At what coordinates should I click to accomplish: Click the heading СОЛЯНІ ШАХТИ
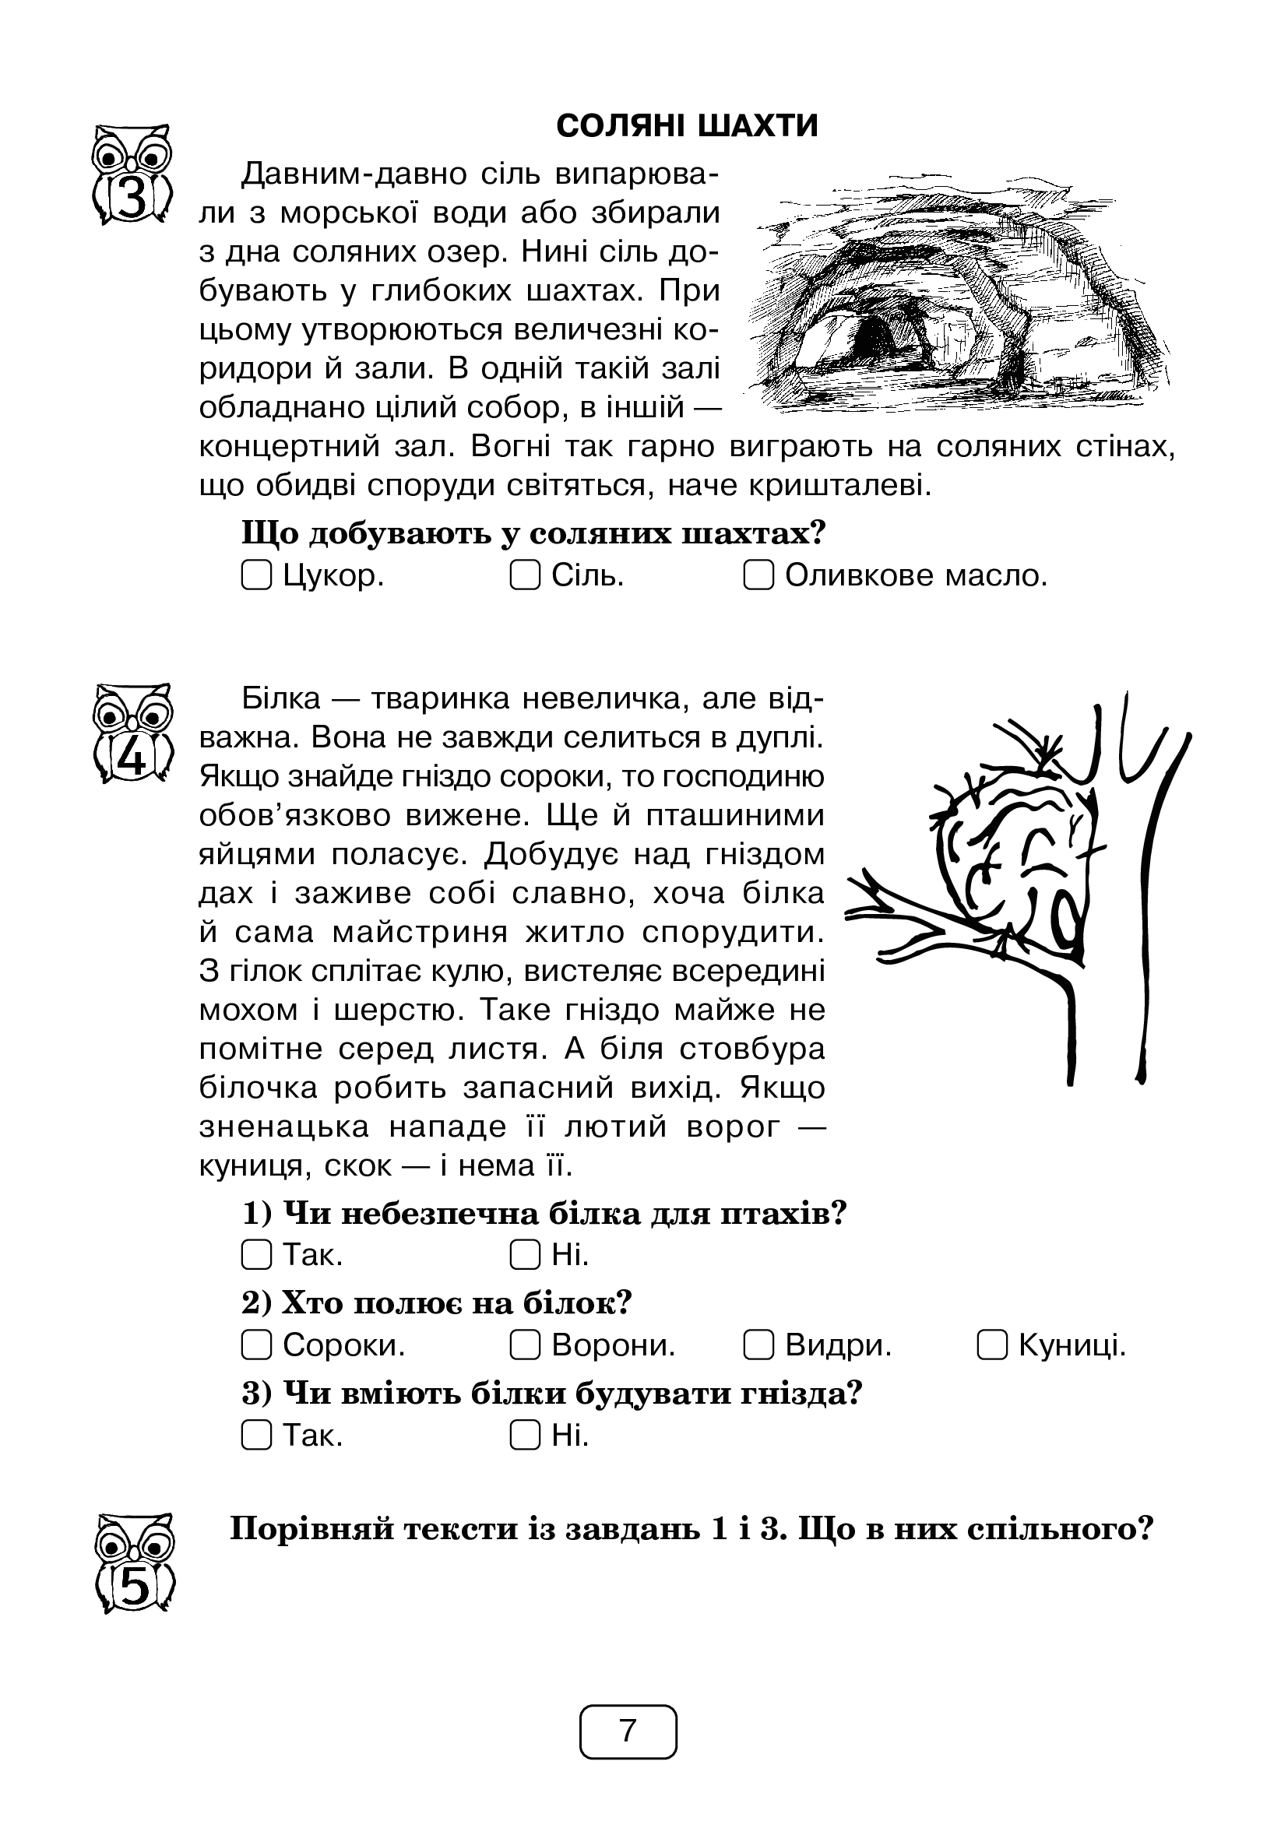click(x=687, y=127)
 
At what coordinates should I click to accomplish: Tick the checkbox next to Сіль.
click(x=524, y=575)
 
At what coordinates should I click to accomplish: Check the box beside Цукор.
click(x=255, y=575)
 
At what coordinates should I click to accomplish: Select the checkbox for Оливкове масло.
click(x=758, y=575)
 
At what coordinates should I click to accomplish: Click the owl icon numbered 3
click(x=133, y=174)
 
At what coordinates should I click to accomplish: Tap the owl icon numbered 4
click(x=133, y=733)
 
